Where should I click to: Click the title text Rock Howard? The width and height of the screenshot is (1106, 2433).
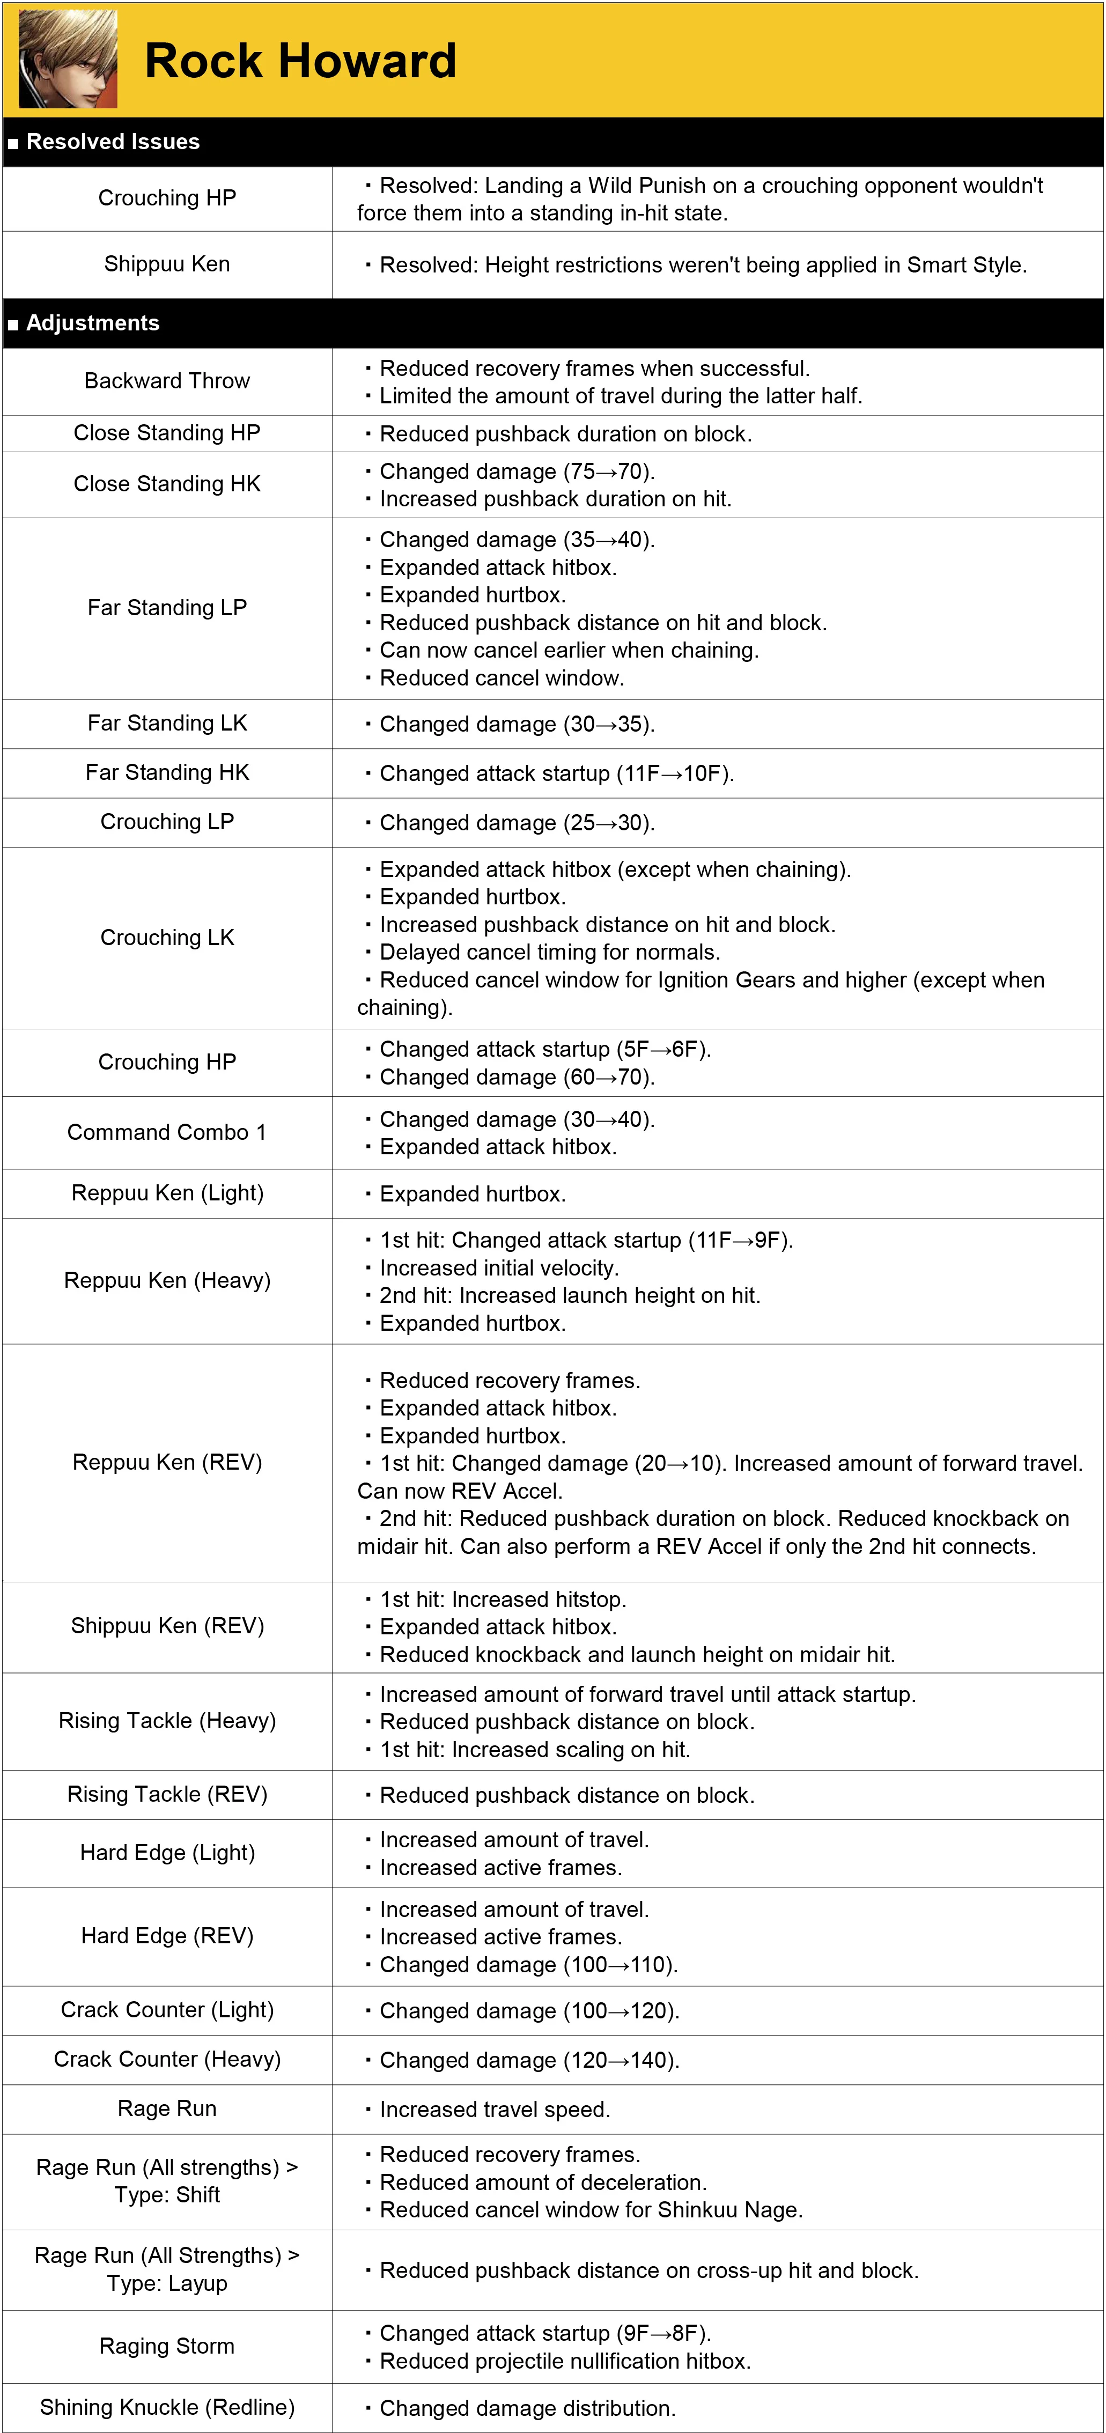(300, 61)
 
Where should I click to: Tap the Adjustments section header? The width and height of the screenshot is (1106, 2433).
(93, 323)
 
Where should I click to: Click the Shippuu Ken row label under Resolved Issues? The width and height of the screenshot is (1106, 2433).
(167, 264)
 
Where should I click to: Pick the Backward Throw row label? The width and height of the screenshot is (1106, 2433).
(167, 381)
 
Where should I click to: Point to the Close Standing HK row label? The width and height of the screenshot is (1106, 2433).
(167, 484)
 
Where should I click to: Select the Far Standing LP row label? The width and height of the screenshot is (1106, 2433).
(167, 607)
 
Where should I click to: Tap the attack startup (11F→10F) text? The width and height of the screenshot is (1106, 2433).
(556, 773)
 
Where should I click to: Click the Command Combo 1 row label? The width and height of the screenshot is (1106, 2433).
(167, 1132)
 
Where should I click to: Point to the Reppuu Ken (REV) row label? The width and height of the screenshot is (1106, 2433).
(167, 1462)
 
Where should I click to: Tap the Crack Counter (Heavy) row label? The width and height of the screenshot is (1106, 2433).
(167, 2059)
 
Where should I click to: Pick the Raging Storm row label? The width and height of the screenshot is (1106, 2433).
(167, 2346)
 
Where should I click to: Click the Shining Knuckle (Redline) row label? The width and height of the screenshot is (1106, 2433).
(167, 2407)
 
